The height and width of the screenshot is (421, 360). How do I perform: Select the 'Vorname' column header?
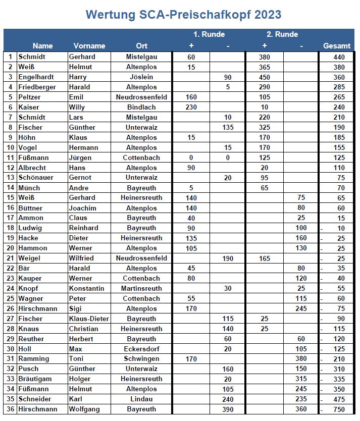pos(89,46)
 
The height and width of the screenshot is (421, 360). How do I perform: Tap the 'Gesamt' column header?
pos(337,46)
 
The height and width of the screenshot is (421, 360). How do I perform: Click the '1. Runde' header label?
pos(209,34)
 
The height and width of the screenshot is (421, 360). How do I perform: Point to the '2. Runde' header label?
pos(282,34)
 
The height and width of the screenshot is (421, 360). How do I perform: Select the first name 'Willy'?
pos(77,107)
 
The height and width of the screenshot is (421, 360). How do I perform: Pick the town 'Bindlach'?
pos(141,107)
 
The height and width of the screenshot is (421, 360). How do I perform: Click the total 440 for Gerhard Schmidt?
pos(339,57)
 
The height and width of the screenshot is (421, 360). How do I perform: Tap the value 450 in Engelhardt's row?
pos(264,77)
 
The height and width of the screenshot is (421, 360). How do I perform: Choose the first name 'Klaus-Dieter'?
pos(89,319)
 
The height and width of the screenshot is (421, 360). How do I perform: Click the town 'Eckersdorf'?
pos(141,349)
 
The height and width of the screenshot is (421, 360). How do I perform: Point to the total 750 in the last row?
pos(339,409)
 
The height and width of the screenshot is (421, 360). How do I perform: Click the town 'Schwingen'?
pos(141,359)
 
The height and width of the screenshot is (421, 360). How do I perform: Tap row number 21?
pos(10,258)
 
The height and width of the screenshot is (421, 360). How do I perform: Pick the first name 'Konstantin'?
pos(87,288)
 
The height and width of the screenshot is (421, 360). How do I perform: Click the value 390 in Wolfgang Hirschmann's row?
pos(228,409)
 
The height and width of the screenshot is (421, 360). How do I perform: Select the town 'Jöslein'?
pos(141,77)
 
